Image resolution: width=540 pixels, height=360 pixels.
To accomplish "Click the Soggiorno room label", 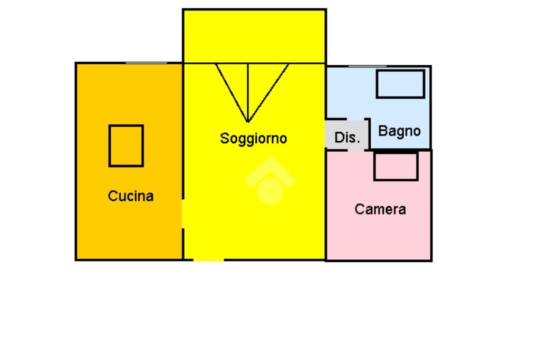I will point(253,139).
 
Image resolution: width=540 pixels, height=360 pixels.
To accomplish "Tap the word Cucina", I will point(131,196).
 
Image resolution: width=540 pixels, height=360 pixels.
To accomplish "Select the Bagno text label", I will point(400,131).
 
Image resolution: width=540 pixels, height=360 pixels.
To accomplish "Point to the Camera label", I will point(380,209).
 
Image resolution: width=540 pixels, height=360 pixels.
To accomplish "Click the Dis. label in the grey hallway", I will point(347,138).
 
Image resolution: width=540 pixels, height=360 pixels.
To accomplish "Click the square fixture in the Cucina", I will point(126,145).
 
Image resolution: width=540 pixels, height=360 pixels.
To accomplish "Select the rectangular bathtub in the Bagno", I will point(400,84).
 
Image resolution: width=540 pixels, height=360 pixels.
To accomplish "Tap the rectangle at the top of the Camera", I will point(396,166).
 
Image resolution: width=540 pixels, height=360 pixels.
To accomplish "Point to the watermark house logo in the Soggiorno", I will point(270,179).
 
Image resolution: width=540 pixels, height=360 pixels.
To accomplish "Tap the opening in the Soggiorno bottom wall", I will point(208,259).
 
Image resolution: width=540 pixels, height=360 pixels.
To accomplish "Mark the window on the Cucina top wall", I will point(146,63).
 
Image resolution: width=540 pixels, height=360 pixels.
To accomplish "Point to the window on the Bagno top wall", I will point(368,66).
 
